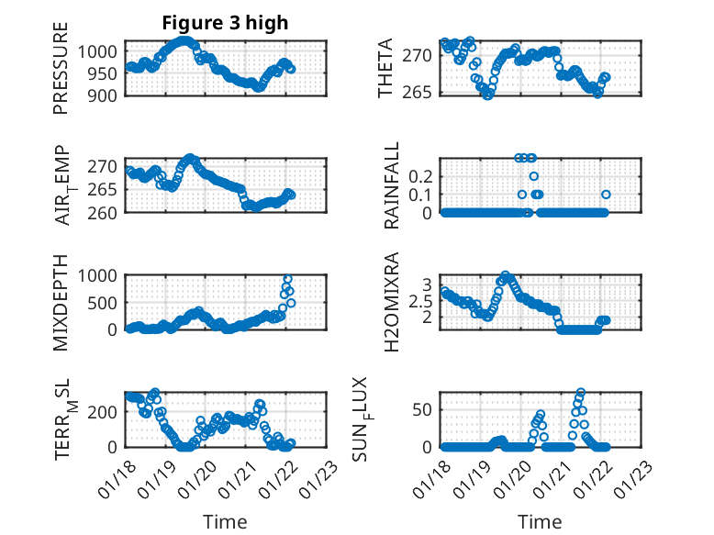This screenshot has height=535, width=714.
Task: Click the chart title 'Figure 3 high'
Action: click(225, 23)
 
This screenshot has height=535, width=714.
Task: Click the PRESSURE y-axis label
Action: click(61, 74)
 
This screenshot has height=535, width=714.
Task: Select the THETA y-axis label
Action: click(387, 69)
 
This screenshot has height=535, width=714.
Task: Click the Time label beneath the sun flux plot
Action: click(540, 521)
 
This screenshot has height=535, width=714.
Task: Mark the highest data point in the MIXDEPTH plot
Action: click(287, 279)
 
